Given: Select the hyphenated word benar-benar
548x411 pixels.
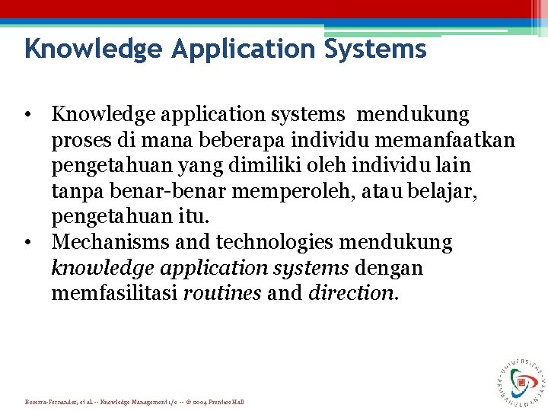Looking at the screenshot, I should (x=157, y=191).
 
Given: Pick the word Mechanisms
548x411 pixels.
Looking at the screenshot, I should (x=106, y=243).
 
